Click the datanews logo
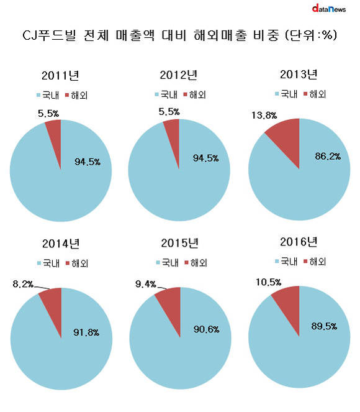[x=329, y=9]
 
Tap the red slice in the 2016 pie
[x=289, y=304]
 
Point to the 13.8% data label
[x=264, y=115]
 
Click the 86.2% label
[x=328, y=157]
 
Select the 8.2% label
[x=23, y=284]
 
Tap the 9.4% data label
[x=146, y=284]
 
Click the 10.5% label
[x=268, y=282]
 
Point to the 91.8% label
[x=86, y=332]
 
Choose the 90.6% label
[x=206, y=329]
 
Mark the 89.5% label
[x=324, y=326]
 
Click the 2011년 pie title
[x=60, y=75]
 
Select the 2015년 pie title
[x=180, y=243]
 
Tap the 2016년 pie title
[x=299, y=242]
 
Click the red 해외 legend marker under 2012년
[x=185, y=94]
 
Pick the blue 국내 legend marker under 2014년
[x=39, y=263]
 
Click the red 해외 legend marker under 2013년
[x=305, y=94]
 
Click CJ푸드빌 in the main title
[x=49, y=35]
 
